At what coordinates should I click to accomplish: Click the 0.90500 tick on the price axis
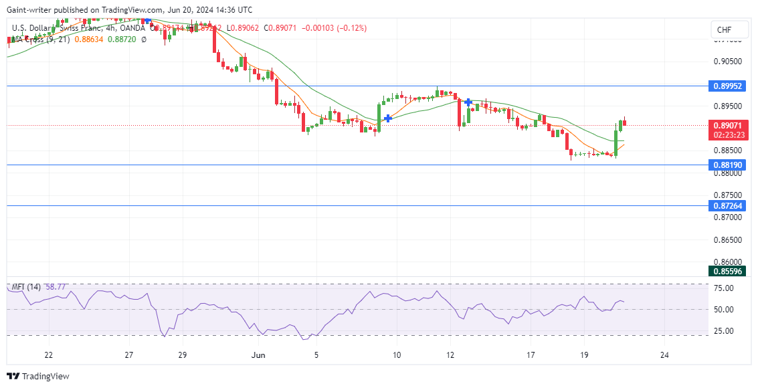(727, 62)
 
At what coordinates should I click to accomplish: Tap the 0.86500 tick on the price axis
(727, 239)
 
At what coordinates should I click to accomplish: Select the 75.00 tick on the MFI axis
(724, 288)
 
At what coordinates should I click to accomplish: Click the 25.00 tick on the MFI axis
(724, 331)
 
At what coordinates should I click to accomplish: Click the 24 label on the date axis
(664, 355)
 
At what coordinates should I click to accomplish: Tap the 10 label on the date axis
(397, 355)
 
